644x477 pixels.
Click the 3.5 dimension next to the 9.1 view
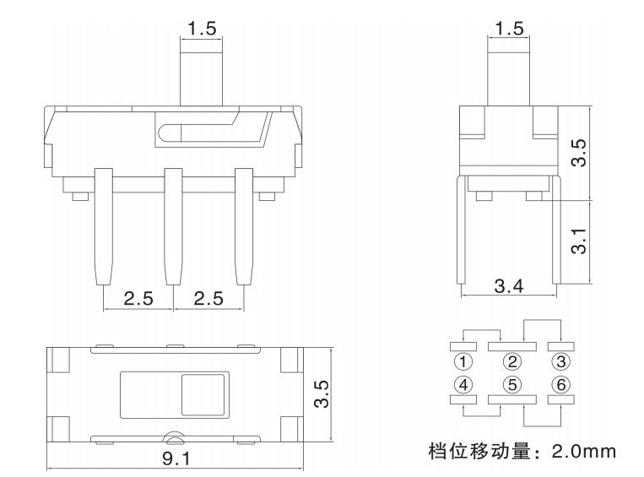322,394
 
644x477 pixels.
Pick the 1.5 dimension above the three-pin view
202,28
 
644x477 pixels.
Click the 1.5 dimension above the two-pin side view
508,28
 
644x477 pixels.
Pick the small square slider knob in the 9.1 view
203,394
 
